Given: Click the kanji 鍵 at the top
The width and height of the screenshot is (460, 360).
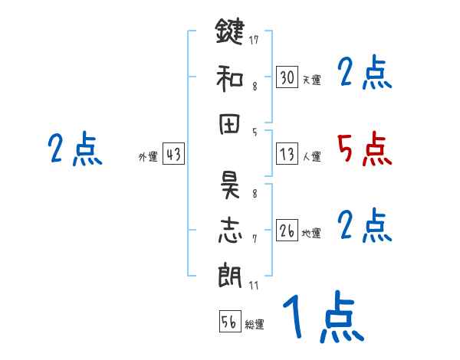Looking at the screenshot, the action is pos(229,34).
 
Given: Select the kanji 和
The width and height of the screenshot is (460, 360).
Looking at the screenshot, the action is pos(229,77).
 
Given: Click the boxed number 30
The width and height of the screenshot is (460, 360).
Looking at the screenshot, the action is pos(287,77).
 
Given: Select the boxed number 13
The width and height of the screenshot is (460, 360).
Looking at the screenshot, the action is pos(287,154).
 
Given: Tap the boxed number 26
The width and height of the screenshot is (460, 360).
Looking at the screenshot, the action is pos(287,231).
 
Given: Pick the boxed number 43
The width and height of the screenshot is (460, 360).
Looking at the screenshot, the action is pos(173,154).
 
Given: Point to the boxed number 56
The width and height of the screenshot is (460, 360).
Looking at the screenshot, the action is pos(229,322).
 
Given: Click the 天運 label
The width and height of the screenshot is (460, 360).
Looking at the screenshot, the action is pos(311,80).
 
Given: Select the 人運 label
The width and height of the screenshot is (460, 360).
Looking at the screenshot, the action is pos(311,156).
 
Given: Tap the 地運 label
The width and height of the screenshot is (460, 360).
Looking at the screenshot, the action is pos(311,233).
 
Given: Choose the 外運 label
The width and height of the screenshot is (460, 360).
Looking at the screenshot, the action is pos(148,156).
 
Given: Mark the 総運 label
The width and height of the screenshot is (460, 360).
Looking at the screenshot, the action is pos(255,324).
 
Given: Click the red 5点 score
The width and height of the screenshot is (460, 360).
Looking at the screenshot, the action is pos(364,149).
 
